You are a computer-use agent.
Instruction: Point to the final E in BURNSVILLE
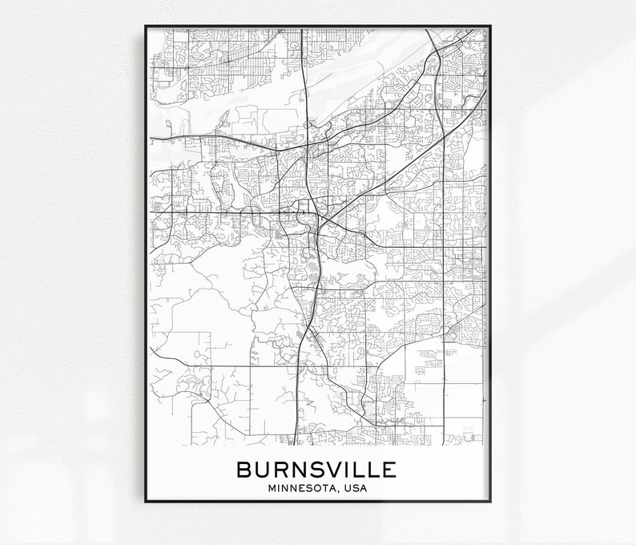(389, 469)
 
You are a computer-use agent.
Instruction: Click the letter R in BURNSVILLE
(280, 469)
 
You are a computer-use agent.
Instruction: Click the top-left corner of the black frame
(145, 26)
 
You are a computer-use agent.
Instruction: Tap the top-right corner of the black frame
(490, 26)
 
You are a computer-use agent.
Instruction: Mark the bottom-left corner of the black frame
(145, 502)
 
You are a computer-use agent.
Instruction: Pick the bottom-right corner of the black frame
(490, 502)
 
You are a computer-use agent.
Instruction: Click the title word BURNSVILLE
(316, 469)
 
